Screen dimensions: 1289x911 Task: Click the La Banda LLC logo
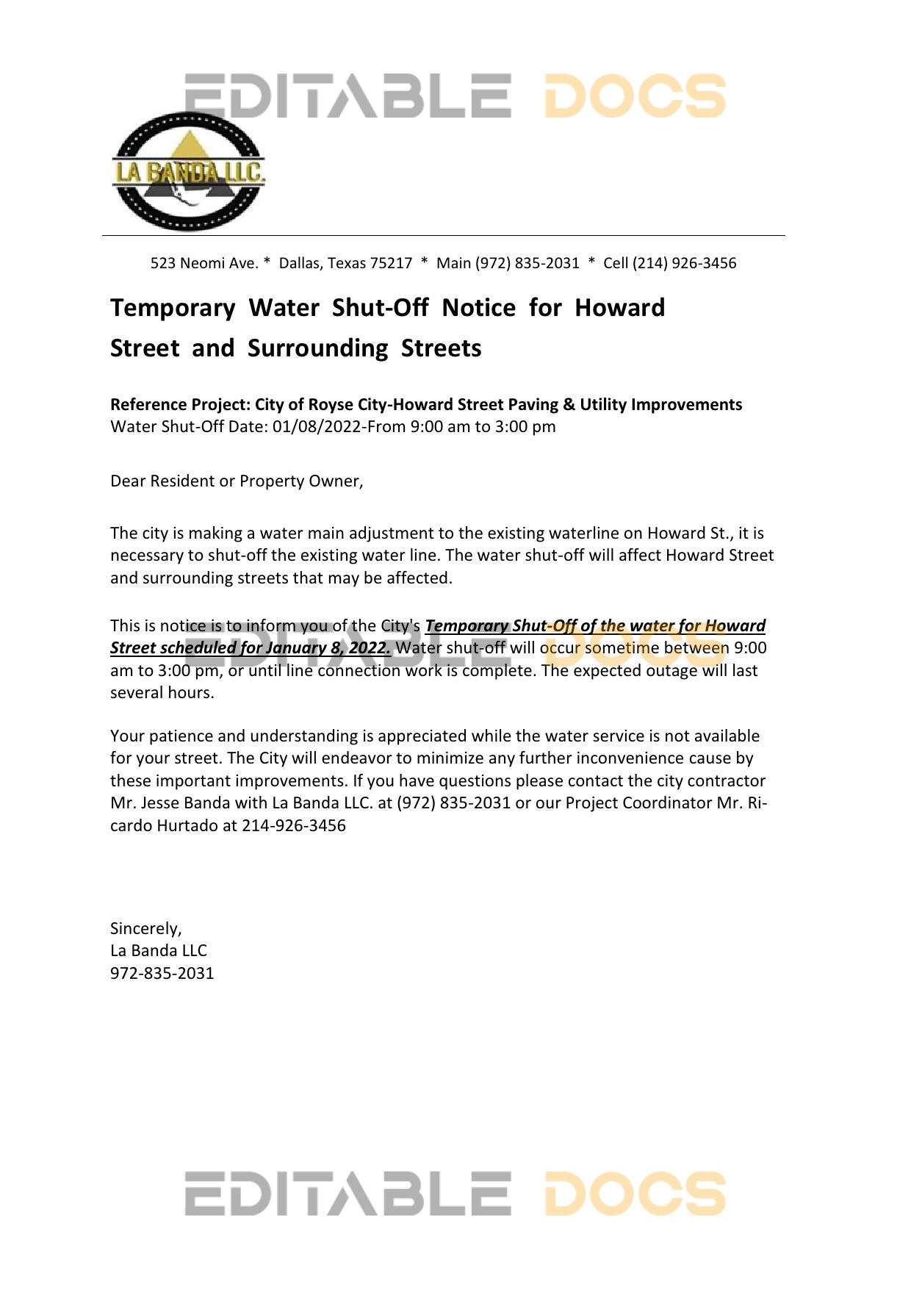pos(188,172)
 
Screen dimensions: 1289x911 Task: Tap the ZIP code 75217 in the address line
pos(392,263)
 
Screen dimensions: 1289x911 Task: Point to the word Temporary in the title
pos(173,307)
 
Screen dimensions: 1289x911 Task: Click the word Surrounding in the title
pos(317,348)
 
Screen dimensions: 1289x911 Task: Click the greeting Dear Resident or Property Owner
pos(237,481)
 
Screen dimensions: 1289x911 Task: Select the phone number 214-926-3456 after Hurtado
pos(294,826)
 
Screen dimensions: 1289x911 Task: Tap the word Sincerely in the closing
pos(145,929)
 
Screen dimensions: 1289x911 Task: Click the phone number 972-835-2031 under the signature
pos(162,974)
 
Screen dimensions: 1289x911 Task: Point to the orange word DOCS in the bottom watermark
pos(635,1194)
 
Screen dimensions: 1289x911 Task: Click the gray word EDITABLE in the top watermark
pos(348,96)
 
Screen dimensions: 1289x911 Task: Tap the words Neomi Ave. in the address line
pos(219,263)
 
